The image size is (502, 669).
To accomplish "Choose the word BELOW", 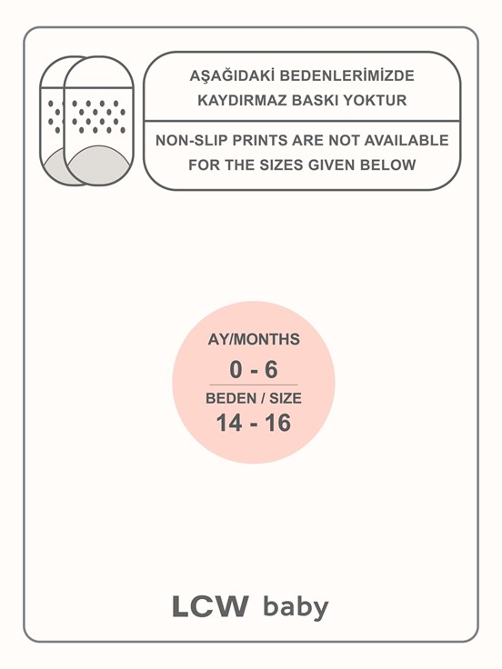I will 389,165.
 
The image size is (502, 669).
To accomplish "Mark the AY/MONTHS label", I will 254,340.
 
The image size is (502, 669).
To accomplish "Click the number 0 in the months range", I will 236,370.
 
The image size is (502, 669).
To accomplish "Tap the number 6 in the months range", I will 270,370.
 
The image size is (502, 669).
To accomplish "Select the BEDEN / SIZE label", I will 254,398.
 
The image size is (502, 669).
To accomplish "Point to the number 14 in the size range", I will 228,423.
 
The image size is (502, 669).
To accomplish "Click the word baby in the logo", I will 296,607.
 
